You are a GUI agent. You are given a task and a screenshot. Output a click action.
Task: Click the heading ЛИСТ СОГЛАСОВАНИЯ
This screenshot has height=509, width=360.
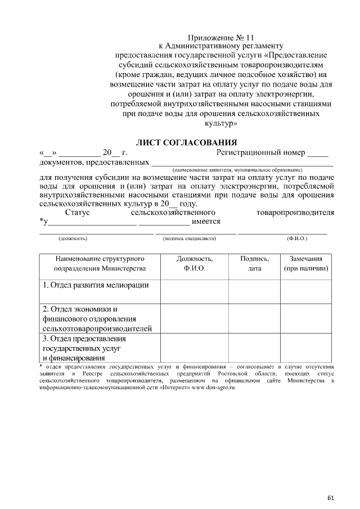(187, 142)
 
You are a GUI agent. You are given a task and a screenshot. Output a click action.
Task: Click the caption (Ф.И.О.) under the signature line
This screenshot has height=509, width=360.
(296, 238)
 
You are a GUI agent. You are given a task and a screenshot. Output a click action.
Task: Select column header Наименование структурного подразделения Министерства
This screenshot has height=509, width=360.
(100, 264)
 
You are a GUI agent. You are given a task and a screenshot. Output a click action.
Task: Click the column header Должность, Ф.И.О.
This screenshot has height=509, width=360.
(194, 264)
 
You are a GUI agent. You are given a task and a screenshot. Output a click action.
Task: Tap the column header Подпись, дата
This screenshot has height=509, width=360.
(254, 264)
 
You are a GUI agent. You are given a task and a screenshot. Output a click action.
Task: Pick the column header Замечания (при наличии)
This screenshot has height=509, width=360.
(305, 264)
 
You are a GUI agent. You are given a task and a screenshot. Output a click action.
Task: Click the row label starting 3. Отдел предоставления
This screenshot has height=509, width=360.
(84, 348)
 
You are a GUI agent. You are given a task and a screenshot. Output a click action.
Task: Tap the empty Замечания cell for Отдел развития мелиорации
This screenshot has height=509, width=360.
(305, 291)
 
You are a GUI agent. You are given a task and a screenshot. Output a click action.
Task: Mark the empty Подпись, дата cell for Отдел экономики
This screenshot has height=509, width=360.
(254, 319)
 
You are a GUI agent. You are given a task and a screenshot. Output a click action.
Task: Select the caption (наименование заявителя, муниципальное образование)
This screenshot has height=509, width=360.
(237, 169)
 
